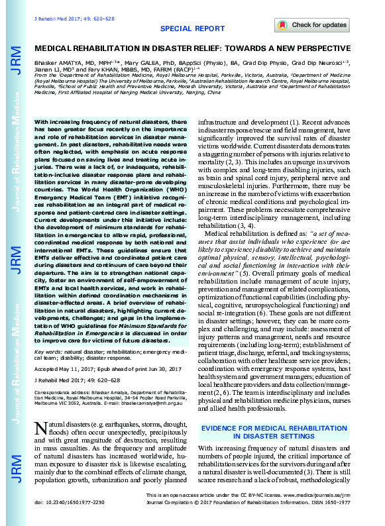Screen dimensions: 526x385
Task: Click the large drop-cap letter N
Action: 41,428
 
